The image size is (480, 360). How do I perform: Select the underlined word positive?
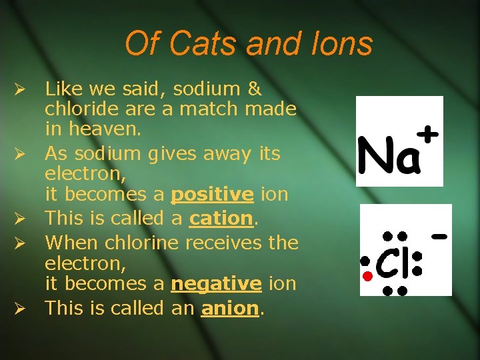click(x=212, y=195)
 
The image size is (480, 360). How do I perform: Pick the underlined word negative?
click(x=216, y=284)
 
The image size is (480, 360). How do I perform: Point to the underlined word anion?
click(x=229, y=308)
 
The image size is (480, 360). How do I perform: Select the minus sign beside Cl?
click(x=439, y=236)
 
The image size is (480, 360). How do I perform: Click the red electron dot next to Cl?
click(x=365, y=275)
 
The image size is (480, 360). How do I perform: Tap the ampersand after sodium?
click(x=254, y=89)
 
